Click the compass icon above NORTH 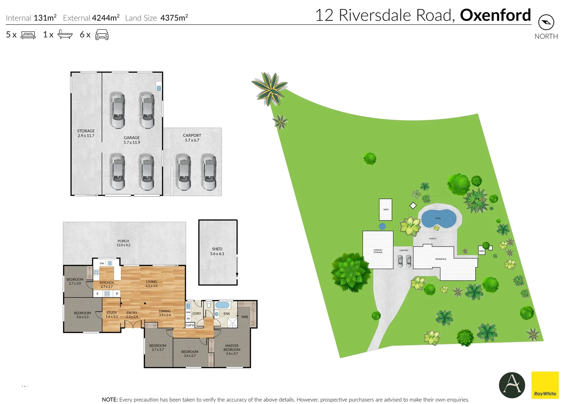pos(546,22)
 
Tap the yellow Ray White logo pos(545,385)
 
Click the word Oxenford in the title pos(495,15)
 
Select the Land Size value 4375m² pos(174,18)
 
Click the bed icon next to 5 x pos(28,35)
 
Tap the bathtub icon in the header pos(65,35)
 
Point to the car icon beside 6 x pos(102,35)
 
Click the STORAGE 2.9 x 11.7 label pos(86,134)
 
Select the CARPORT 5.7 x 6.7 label pos(192,138)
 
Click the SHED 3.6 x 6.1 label pos(217,251)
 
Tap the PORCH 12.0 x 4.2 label pos(123,243)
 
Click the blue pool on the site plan pos(439,218)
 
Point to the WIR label pos(245,317)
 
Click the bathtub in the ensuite pos(222,305)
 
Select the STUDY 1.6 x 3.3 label pos(112,315)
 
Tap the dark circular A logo pos(512,385)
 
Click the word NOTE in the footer pos(109,400)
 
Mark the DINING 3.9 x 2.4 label pos(165,313)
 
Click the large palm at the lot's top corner pos(269,89)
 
